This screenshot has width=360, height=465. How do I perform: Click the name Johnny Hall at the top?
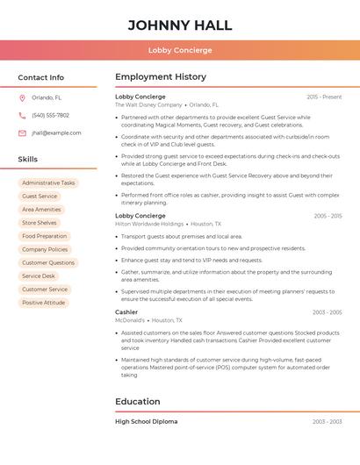(180, 25)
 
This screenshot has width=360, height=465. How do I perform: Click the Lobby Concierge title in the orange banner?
(180, 50)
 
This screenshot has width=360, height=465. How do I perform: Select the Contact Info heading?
(41, 77)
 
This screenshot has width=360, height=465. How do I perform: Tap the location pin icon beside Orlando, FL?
(22, 98)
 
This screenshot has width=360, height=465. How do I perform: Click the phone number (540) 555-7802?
(51, 116)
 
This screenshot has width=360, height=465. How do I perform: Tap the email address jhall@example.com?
(56, 133)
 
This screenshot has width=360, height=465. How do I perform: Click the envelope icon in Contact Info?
(22, 133)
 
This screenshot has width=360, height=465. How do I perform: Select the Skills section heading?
(28, 160)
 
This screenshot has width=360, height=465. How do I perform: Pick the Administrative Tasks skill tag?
(48, 183)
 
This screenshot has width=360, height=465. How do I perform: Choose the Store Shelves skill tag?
(40, 223)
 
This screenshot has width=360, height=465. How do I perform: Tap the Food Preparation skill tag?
(44, 236)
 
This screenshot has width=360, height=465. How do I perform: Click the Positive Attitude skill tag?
(44, 303)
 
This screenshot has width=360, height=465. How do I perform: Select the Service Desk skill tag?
(39, 276)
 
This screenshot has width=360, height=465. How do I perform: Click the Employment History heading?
(161, 77)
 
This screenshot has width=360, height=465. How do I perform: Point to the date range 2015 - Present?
(324, 97)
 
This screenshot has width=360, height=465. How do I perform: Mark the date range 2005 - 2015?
(328, 216)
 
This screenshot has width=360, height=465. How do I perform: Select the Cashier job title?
(126, 312)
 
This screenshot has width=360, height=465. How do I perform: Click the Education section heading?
(138, 402)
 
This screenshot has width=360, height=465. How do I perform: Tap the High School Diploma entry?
(146, 422)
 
